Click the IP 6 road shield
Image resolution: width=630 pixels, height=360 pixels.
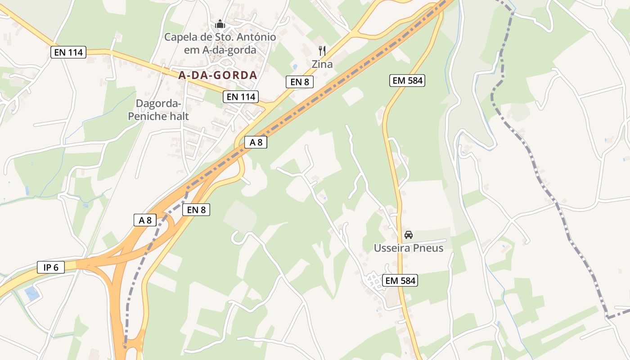click(x=51, y=267)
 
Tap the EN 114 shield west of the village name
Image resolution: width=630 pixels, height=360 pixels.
click(x=68, y=52)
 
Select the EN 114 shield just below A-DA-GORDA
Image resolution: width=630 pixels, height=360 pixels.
click(x=241, y=96)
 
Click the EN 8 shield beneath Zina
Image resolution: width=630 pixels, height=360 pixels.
click(x=299, y=81)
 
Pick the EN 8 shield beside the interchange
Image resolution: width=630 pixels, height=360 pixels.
click(x=196, y=209)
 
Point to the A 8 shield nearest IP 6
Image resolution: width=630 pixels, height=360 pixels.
click(x=145, y=220)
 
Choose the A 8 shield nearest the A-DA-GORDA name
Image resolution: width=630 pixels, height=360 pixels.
click(x=256, y=142)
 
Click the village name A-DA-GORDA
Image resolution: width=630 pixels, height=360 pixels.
click(x=217, y=75)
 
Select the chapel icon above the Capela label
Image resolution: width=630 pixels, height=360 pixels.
click(x=220, y=24)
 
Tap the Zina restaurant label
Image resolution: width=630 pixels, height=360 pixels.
click(x=322, y=64)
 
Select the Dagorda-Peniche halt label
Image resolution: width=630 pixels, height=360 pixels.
click(x=158, y=110)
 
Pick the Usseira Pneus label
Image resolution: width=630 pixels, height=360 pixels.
click(x=409, y=248)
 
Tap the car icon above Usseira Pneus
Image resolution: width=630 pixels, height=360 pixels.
click(x=409, y=234)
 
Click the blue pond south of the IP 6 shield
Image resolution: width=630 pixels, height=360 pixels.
click(x=32, y=294)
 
